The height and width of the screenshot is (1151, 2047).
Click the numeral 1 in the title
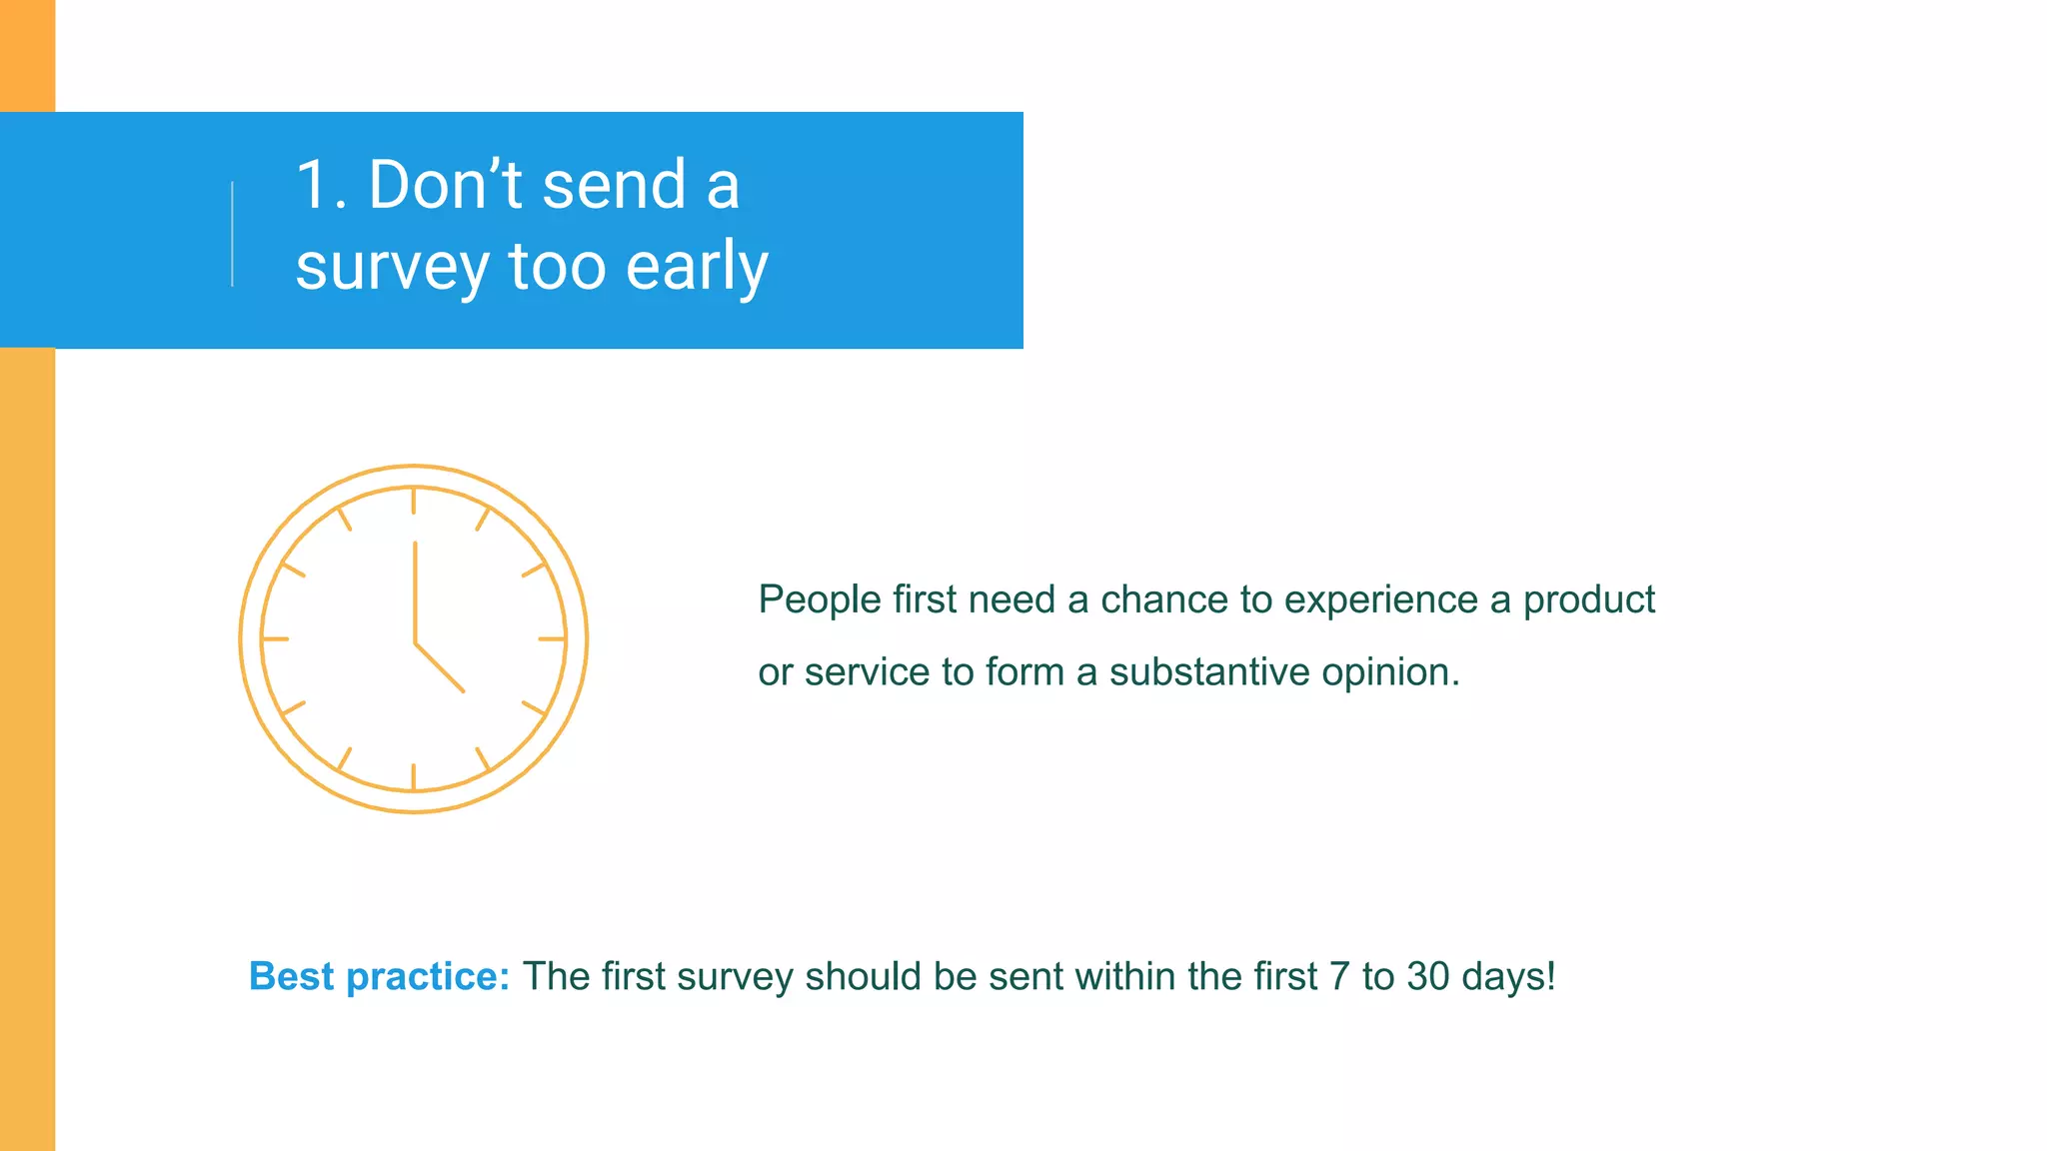(314, 186)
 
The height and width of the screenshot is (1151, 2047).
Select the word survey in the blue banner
(392, 268)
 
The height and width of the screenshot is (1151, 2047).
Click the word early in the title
(697, 268)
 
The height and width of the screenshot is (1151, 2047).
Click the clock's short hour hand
(441, 667)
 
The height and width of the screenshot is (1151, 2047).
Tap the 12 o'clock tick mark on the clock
(414, 501)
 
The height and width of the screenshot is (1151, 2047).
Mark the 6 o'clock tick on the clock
(414, 776)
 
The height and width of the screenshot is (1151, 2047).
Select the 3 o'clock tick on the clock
(552, 638)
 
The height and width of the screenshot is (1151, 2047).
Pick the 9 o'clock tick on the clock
(276, 638)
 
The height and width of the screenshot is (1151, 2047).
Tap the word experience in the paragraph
(1380, 600)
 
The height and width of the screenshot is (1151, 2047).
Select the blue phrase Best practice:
(379, 977)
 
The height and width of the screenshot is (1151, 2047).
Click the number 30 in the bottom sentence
(1427, 977)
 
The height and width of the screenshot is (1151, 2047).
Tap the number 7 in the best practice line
(1339, 977)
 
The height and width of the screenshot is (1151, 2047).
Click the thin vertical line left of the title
(232, 234)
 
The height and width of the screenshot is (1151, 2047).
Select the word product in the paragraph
(1589, 600)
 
